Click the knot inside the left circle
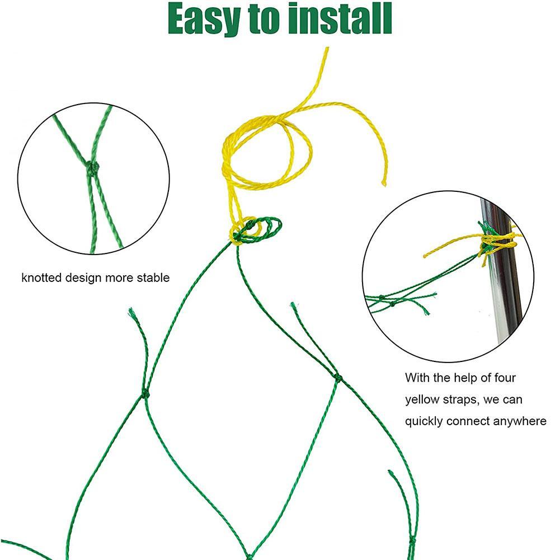coord(92,166)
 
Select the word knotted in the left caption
coord(42,277)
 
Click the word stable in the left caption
coord(153,277)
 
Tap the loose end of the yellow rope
coord(384,182)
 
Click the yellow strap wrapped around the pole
coord(498,242)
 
